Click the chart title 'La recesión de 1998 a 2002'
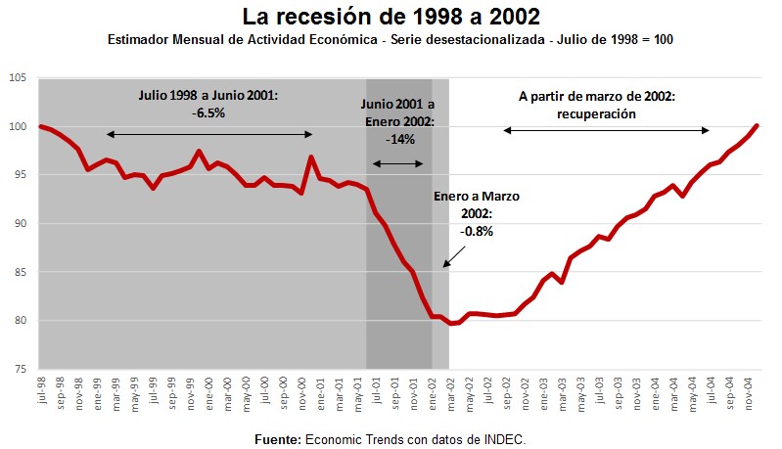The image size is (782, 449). point(391,18)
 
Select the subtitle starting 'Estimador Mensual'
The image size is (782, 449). point(390,40)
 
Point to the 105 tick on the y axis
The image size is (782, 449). point(20,78)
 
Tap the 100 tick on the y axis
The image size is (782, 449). point(20,126)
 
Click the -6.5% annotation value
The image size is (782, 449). point(207,112)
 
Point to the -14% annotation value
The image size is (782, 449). point(400,138)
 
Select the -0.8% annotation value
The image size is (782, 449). point(476,232)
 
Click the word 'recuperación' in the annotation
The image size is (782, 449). point(605,113)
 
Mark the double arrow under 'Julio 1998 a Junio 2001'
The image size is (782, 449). point(208,134)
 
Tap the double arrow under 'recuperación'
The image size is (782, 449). point(605,130)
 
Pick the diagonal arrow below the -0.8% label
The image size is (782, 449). point(456,253)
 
